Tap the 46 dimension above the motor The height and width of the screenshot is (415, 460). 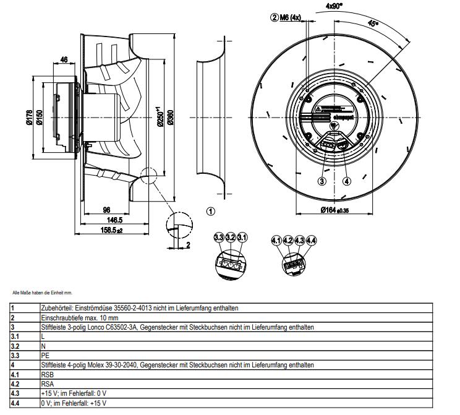64,60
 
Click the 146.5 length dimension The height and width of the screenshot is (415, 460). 113,220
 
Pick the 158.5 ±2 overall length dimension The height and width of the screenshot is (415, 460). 112,230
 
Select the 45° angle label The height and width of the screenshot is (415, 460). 373,25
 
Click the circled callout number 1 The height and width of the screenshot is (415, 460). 210,211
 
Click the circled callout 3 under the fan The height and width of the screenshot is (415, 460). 322,181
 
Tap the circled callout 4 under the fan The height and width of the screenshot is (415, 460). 347,181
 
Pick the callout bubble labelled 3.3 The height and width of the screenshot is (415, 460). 219,237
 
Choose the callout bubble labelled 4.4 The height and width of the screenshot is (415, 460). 312,239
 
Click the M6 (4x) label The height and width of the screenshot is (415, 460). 289,17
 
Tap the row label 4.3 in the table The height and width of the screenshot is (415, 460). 15,393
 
